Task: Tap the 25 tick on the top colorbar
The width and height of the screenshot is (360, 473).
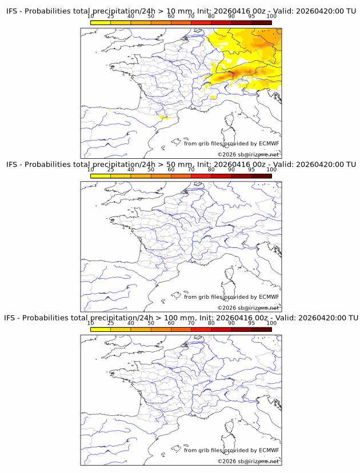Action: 110,17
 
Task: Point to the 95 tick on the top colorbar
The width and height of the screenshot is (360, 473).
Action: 251,17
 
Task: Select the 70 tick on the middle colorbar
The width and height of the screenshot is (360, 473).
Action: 191,170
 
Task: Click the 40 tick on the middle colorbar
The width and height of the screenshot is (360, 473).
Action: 131,170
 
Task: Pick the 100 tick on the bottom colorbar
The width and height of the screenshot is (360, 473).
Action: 271,323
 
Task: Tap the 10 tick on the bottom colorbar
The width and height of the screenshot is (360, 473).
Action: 90,323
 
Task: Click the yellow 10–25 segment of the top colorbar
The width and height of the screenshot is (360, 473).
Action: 100,22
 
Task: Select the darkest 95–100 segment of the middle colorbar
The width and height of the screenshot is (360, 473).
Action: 261,175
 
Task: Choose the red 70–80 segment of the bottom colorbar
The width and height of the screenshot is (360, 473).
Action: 201,328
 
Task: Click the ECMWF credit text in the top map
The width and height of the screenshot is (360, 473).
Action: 231,143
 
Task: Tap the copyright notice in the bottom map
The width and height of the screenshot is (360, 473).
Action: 248,461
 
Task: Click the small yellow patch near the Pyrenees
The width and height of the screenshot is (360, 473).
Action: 163,117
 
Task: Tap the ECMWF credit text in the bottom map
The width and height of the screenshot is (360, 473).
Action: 231,450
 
